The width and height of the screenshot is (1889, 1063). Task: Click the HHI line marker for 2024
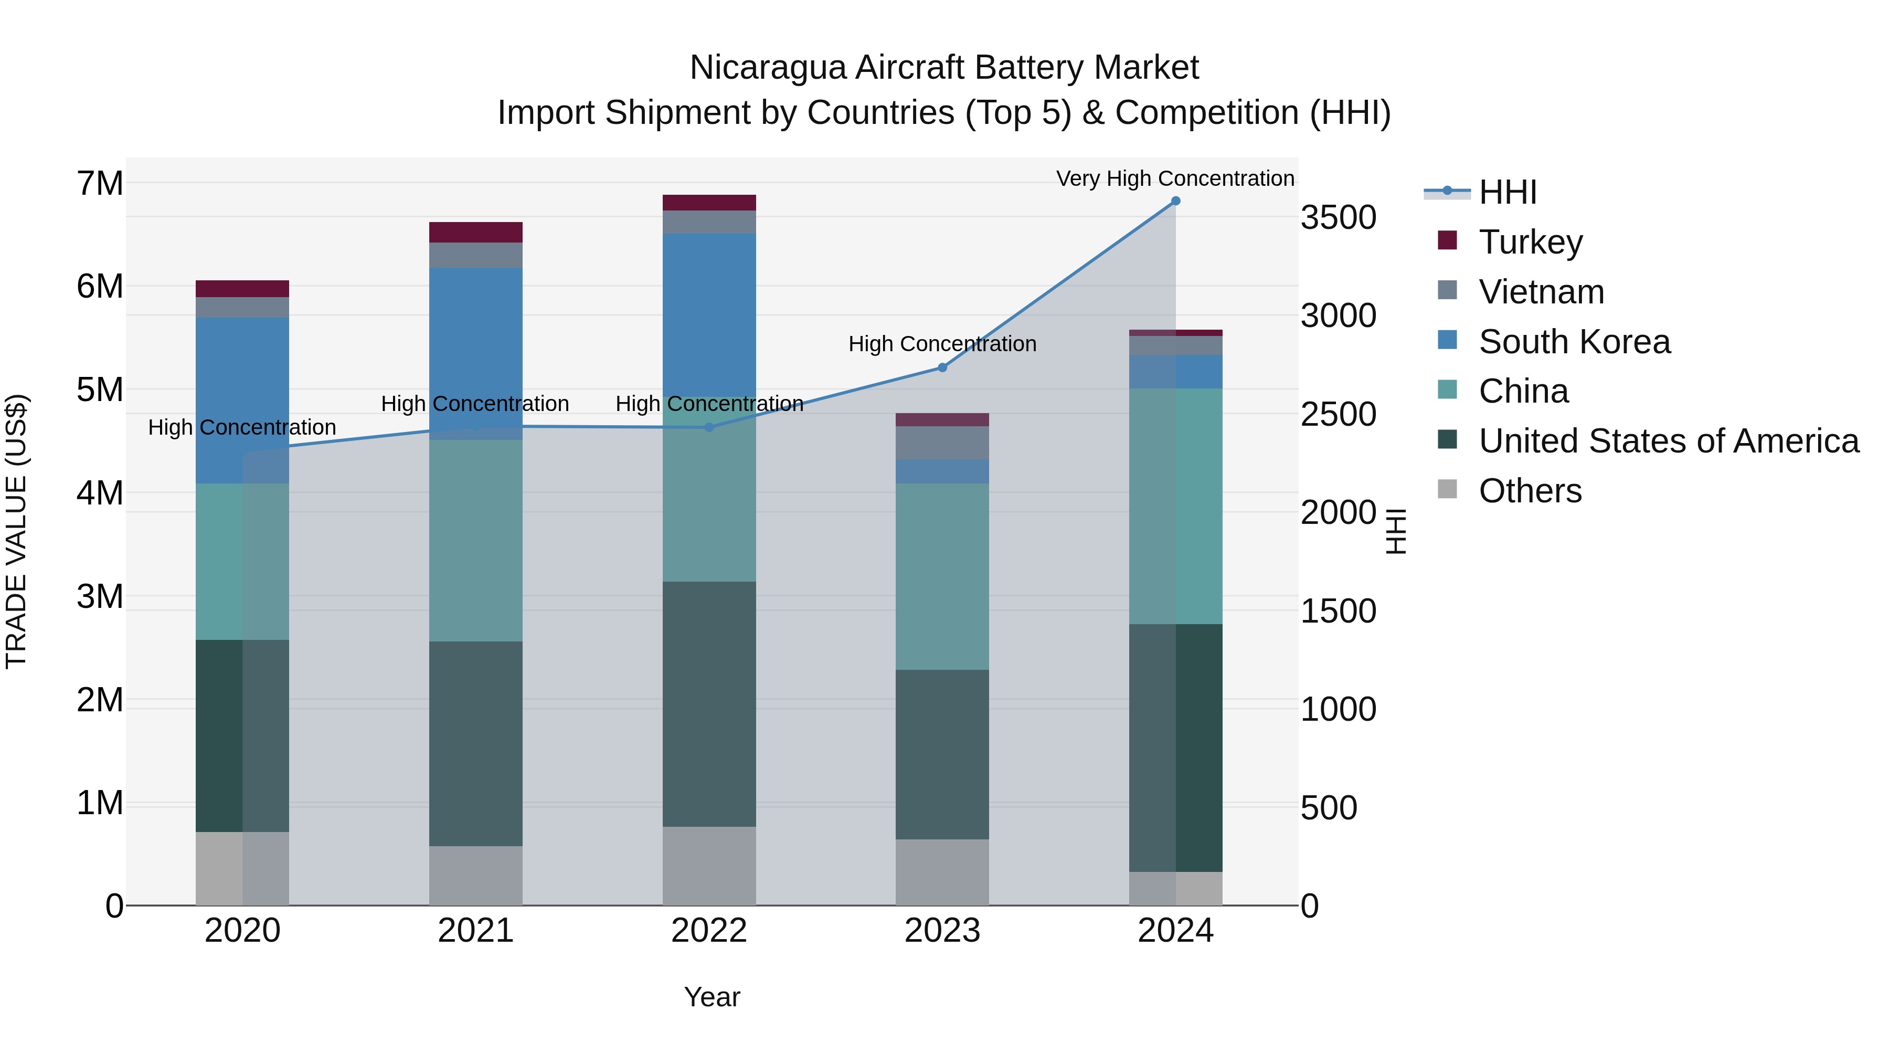pos(1175,201)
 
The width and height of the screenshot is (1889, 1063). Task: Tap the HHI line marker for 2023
pos(942,367)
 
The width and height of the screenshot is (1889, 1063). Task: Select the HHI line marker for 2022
pos(709,428)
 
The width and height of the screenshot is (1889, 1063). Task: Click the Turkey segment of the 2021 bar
pos(475,232)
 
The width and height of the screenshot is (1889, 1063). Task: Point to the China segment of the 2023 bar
pos(942,576)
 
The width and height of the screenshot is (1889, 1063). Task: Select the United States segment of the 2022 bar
pos(709,704)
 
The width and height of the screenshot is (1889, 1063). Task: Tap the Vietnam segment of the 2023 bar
pos(942,443)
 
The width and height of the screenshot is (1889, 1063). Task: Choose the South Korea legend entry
pos(1574,342)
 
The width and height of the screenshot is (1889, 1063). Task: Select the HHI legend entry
pos(1507,192)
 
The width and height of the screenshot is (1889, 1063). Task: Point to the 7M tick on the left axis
pos(100,183)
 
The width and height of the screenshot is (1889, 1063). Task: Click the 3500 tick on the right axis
pos(1338,218)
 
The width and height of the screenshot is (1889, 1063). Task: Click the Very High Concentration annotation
pos(1175,178)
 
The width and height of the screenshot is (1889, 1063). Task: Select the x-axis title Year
pos(712,997)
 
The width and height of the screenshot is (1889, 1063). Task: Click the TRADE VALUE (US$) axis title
pos(16,531)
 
